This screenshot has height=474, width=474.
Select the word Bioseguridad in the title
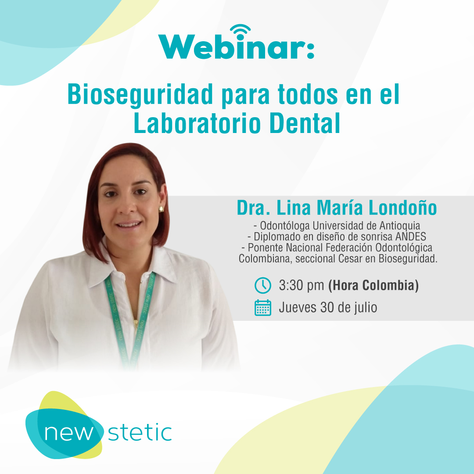[x=140, y=95]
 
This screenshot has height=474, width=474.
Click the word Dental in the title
[x=305, y=123]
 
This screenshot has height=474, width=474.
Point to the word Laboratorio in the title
[x=197, y=123]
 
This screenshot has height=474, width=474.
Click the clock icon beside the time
[x=263, y=285]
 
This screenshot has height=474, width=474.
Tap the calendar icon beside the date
[x=263, y=308]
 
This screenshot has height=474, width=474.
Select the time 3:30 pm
[x=302, y=285]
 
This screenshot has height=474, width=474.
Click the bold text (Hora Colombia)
[x=373, y=285]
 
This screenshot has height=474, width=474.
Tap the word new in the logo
[x=69, y=433]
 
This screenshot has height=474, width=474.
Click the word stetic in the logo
[x=140, y=432]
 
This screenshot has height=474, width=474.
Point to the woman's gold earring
[x=161, y=209]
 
